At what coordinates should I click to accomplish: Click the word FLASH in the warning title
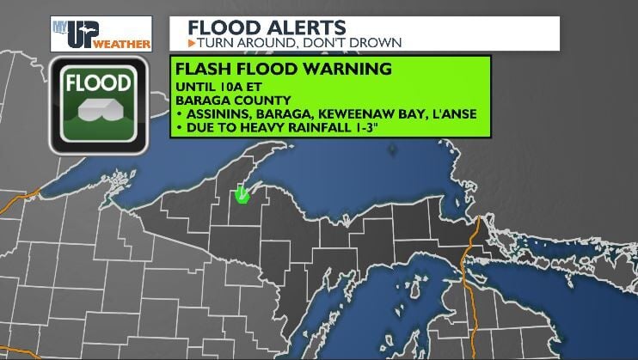click(x=202, y=67)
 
